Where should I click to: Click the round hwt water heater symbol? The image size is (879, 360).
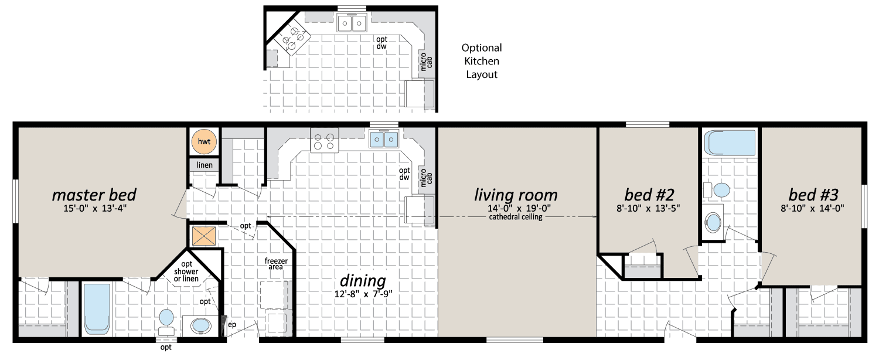[204, 141]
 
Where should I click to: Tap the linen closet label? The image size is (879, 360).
[205, 165]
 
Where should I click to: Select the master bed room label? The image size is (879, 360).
[94, 195]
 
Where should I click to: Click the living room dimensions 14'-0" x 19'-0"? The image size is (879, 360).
[519, 209]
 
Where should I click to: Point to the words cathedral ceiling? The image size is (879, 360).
[516, 217]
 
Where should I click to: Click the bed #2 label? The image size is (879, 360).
[649, 195]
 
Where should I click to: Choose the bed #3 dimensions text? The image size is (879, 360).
[812, 208]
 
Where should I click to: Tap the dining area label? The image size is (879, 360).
[363, 280]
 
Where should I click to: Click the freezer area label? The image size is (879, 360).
[276, 264]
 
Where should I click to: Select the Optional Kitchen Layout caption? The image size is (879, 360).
[482, 61]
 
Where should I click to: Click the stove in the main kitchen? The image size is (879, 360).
[324, 141]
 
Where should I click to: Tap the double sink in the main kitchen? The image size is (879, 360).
[384, 139]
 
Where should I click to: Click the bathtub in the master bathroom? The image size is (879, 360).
[97, 309]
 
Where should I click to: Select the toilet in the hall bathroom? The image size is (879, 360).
[717, 190]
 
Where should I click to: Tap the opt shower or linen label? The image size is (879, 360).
[186, 271]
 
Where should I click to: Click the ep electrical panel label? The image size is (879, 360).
[232, 325]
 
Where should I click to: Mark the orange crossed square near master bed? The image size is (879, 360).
[204, 236]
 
